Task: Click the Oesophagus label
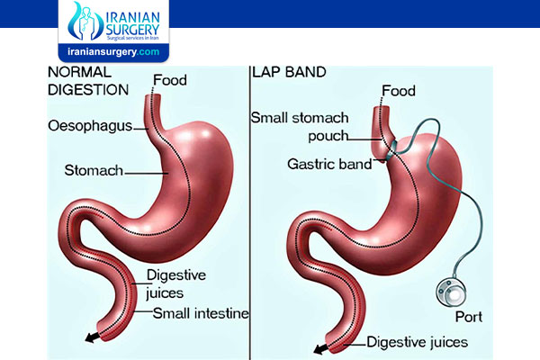(90, 126)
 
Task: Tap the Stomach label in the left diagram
(94, 170)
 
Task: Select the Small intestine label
(201, 313)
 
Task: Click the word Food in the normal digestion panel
(170, 80)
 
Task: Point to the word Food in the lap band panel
(399, 91)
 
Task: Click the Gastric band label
(329, 164)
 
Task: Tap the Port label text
(469, 317)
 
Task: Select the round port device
(452, 292)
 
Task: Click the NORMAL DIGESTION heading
(88, 81)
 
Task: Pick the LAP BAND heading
(289, 72)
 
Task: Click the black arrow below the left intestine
(93, 337)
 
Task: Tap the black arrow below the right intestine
(321, 349)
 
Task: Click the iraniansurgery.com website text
(113, 52)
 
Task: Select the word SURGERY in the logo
(133, 29)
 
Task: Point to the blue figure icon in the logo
(85, 22)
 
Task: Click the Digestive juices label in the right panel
(417, 342)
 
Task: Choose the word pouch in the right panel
(328, 136)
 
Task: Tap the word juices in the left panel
(165, 293)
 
